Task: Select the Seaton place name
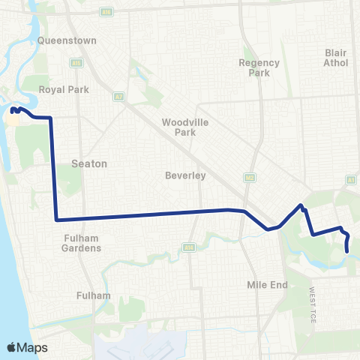tap(89, 163)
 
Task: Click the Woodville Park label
tap(178, 127)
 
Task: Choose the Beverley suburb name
tap(185, 176)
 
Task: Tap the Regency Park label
tap(259, 68)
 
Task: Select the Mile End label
tap(262, 285)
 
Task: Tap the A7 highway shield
tap(118, 96)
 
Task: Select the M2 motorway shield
tap(249, 177)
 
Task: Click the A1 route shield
tap(350, 180)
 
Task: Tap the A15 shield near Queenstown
tap(76, 64)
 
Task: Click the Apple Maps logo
tap(28, 347)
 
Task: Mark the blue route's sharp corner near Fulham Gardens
tap(56, 220)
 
